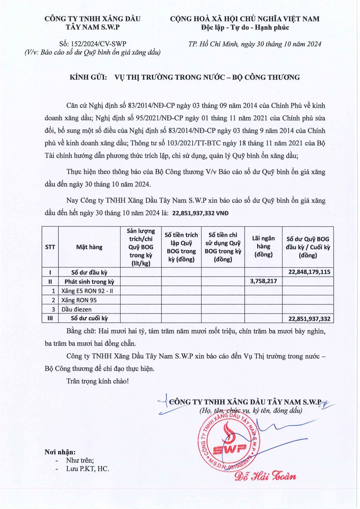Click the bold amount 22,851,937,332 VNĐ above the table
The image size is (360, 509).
[200, 213]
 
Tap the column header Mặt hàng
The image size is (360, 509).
[89, 247]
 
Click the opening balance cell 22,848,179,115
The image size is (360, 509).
[309, 272]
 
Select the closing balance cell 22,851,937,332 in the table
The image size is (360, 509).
[309, 319]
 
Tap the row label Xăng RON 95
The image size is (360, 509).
[79, 300]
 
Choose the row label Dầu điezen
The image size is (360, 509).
[76, 309]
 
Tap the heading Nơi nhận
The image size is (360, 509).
[60, 452]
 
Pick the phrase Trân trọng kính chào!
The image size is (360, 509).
[97, 381]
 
